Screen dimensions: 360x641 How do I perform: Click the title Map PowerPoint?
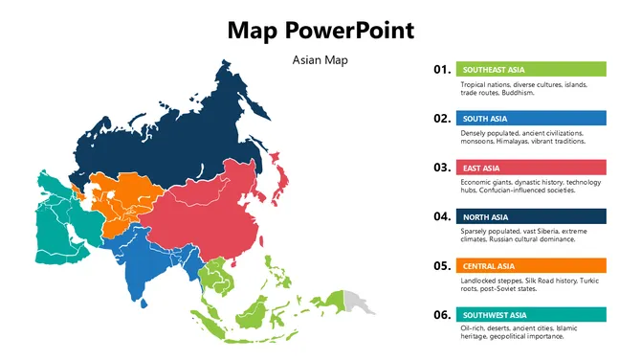point(320,30)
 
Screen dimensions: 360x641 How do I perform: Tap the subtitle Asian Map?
point(320,60)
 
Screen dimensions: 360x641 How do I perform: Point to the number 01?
point(441,69)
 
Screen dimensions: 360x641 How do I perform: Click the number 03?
point(441,168)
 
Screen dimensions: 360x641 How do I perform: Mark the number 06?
point(441,314)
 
